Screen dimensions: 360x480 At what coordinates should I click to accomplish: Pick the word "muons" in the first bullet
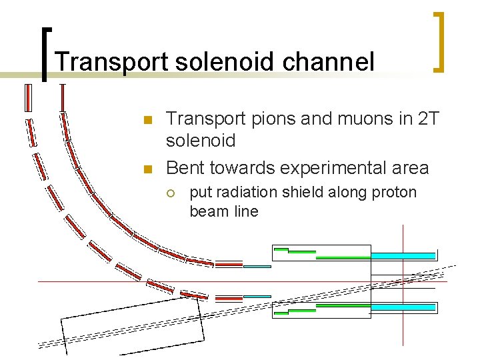click(358, 119)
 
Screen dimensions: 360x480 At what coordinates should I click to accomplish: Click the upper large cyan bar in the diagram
click(403, 255)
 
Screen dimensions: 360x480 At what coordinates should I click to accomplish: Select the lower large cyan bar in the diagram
click(403, 307)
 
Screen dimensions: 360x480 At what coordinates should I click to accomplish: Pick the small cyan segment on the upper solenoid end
click(257, 266)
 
